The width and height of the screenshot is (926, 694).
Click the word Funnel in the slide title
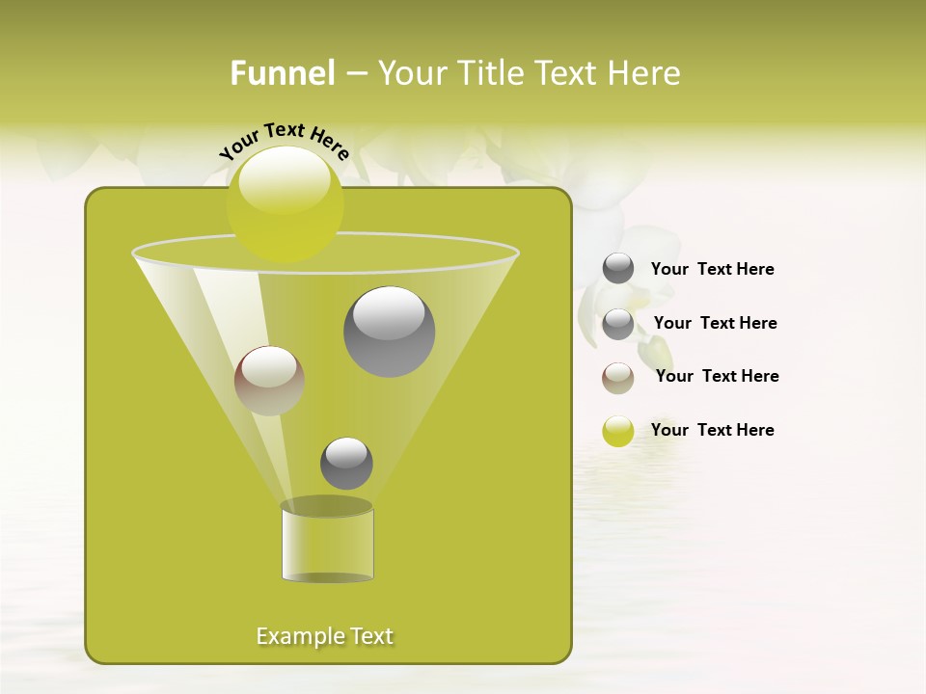point(282,73)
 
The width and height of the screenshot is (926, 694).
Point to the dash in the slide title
point(355,74)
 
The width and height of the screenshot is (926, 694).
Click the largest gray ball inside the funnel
point(389,332)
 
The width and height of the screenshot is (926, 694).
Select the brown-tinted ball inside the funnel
point(269,381)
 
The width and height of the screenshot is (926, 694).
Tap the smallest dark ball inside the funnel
point(346,463)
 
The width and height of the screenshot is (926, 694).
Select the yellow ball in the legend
point(618,431)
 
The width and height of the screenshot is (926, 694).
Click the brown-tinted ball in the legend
point(618,378)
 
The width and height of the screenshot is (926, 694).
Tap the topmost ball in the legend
point(618,269)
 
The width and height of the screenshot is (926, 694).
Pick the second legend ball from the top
point(618,324)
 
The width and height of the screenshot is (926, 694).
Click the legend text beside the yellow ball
point(713,430)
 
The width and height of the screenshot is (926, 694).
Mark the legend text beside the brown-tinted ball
point(717,376)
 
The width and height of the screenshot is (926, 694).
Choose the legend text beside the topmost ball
point(713,269)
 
